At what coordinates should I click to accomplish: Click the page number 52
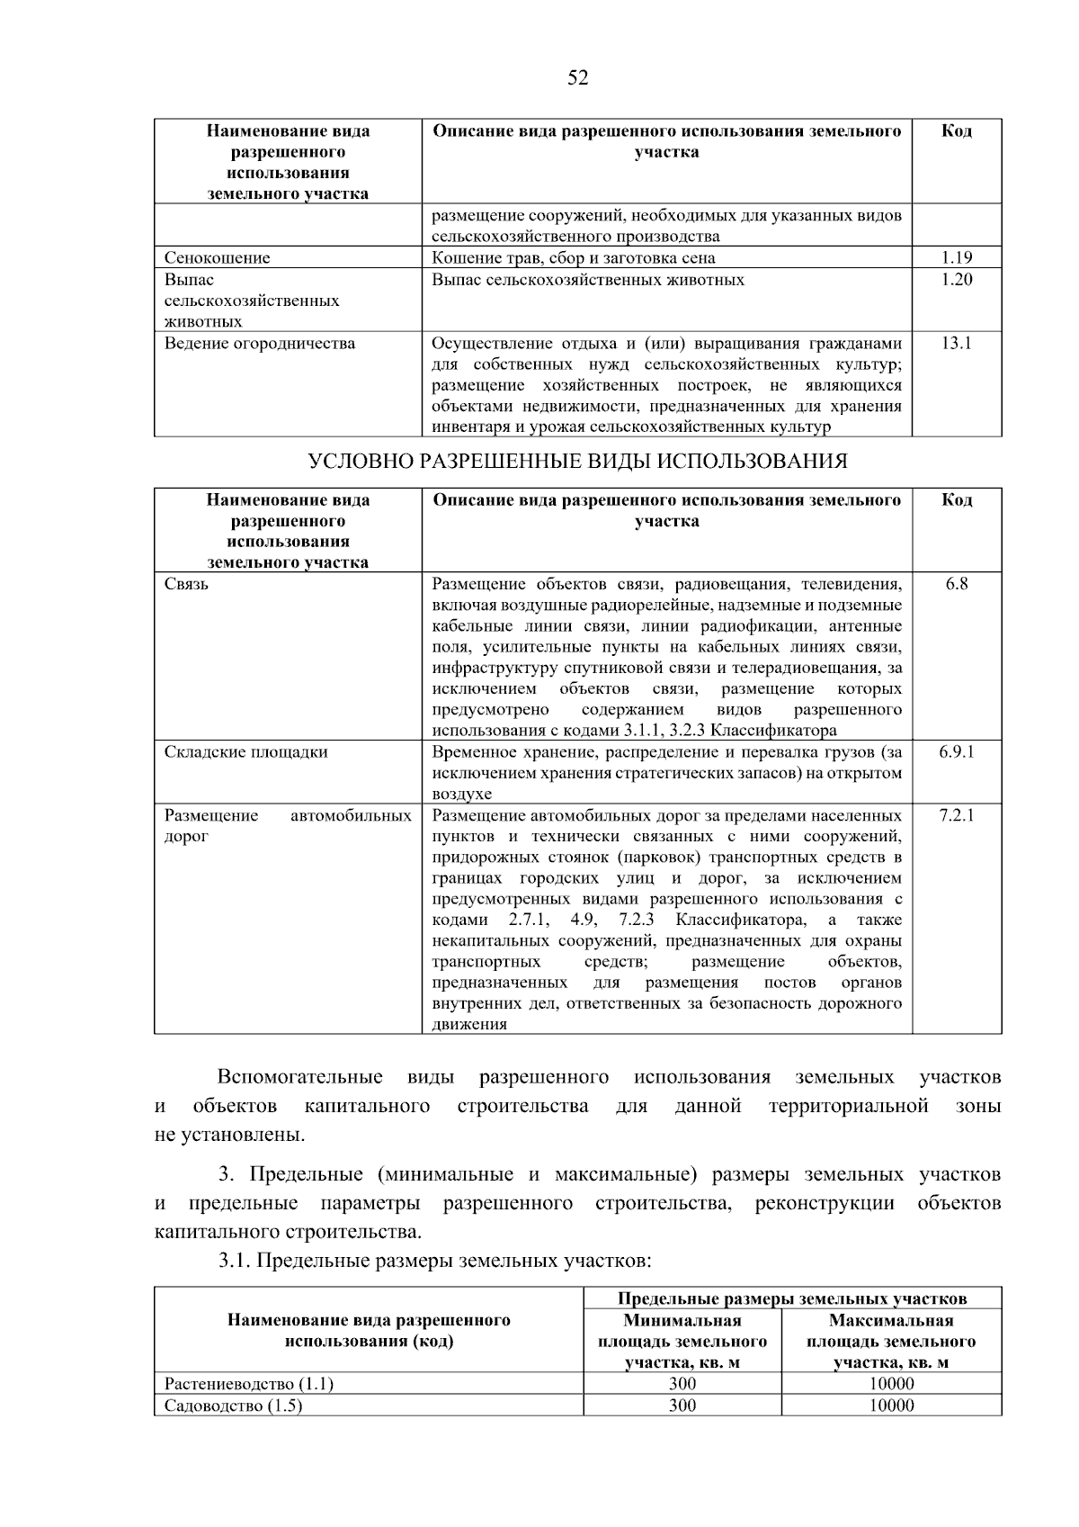[x=577, y=78]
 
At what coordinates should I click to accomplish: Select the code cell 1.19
[x=957, y=258]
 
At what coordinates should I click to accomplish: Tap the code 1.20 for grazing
[x=957, y=280]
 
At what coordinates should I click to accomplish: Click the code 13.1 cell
[x=957, y=343]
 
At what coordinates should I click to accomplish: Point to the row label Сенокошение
[x=217, y=258]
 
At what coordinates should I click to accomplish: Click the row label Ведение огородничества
[x=259, y=343]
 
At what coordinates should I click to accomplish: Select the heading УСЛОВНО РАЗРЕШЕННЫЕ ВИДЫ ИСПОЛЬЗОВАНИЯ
[x=577, y=462]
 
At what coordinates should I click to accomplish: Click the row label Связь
[x=186, y=584]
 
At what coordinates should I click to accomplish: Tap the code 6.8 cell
[x=957, y=584]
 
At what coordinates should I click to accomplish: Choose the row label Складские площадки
[x=245, y=752]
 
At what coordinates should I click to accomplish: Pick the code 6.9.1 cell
[x=957, y=752]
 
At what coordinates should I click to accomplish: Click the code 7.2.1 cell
[x=957, y=815]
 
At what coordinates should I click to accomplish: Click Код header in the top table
[x=957, y=131]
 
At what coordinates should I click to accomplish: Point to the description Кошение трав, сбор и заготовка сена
[x=574, y=258]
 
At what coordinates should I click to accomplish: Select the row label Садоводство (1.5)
[x=233, y=1406]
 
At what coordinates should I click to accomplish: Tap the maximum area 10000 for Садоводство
[x=890, y=1406]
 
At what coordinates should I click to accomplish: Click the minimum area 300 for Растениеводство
[x=682, y=1384]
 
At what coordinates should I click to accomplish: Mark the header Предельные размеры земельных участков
[x=791, y=1298]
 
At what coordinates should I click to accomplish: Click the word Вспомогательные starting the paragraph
[x=299, y=1077]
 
